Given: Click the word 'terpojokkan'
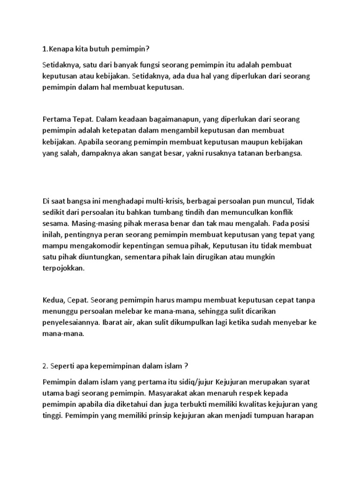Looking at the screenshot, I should click(63, 269).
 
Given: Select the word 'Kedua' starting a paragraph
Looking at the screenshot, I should click(53, 299).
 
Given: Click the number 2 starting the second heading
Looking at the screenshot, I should click(44, 366).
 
